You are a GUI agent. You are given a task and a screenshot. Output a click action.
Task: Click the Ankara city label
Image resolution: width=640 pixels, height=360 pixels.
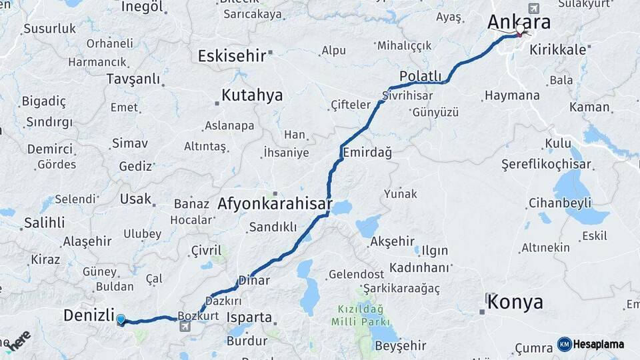pos(519,22)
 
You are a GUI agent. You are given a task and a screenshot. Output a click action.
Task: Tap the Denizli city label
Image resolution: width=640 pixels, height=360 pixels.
pos(89,315)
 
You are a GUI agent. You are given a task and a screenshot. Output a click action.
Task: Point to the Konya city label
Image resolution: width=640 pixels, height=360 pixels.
pos(515,302)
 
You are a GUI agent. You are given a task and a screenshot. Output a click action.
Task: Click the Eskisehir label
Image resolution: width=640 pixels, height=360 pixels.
pos(233,55)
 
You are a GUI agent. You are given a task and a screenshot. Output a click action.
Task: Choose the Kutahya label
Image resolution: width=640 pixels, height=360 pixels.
pos(251,95)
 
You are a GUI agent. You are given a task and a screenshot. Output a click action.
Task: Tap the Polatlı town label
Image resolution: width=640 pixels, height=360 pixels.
pos(421,75)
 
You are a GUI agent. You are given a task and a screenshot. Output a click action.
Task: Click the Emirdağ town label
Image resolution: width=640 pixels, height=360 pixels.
pos(367,153)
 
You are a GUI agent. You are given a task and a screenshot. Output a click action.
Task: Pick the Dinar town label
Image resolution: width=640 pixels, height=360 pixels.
pos(255,281)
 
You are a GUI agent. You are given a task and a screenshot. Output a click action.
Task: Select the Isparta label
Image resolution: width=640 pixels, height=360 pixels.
pos(249,317)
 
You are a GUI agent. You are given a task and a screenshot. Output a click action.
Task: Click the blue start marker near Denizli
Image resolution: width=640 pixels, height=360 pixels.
pos(121,320)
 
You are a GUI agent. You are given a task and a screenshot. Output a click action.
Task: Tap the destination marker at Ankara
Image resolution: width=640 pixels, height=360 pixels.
pos(520,31)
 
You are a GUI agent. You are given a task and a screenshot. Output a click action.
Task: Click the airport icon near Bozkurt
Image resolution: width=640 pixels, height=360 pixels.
pos(184,327)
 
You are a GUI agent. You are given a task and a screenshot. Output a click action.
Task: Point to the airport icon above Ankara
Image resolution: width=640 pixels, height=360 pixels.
pos(533,8)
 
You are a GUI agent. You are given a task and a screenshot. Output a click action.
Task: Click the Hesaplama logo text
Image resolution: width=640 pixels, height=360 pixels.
pos(599,345)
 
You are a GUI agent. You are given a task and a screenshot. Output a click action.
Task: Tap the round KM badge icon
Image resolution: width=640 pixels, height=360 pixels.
pos(565,345)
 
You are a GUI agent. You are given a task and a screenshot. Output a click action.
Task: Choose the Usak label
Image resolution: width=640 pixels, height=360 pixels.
pos(135,199)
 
